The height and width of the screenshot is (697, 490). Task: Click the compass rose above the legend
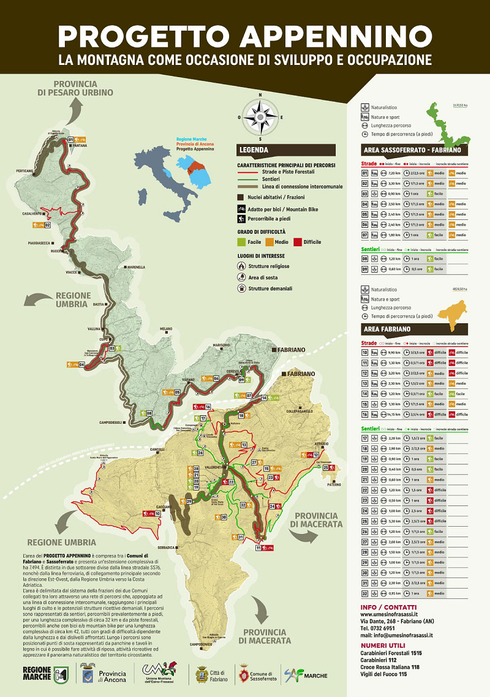click(260, 117)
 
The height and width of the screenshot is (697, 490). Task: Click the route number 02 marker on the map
click(47, 225)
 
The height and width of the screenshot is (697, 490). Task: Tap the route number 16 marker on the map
click(208, 407)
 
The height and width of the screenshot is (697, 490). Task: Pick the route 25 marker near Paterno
click(326, 467)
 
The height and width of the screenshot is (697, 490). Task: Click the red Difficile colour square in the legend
click(298, 242)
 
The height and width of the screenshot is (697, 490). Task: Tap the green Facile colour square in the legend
click(240, 242)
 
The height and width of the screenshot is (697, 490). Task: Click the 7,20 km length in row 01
click(394, 174)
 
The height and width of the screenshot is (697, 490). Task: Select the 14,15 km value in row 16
click(394, 414)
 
